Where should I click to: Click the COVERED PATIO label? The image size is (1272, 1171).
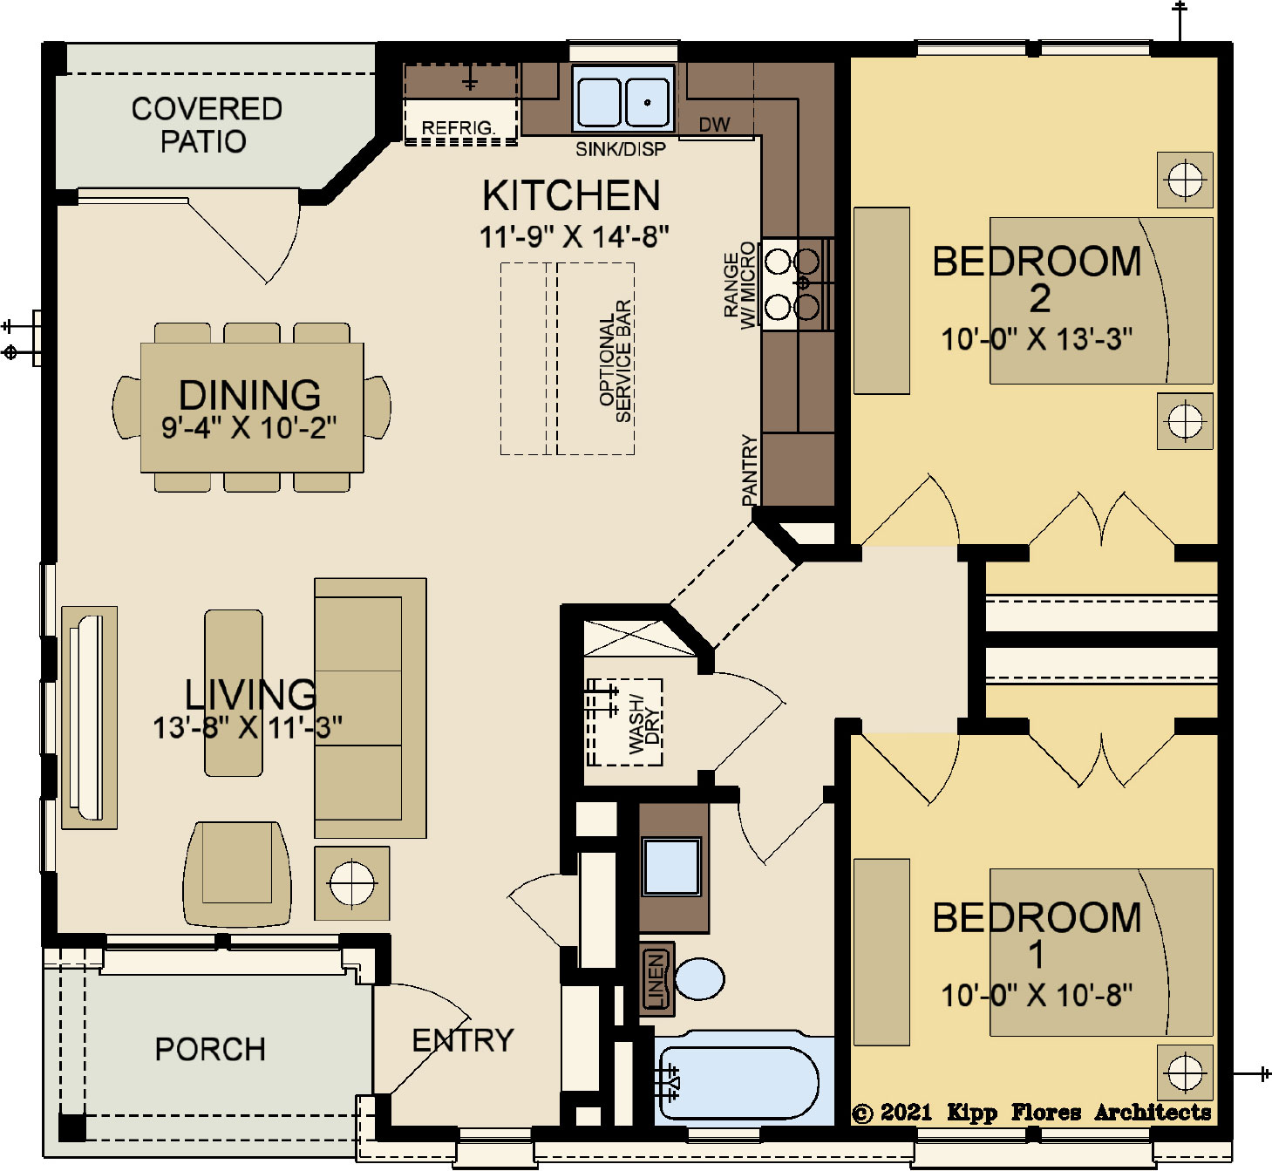(x=206, y=125)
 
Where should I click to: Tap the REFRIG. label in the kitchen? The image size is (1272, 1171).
(x=458, y=127)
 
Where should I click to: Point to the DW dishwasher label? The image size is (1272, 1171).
(x=715, y=125)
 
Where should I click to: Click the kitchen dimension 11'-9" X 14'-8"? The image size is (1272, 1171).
(x=574, y=236)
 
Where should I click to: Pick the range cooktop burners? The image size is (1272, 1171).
(x=792, y=284)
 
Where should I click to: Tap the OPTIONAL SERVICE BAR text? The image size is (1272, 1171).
(x=615, y=361)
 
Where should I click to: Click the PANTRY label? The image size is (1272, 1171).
(x=750, y=470)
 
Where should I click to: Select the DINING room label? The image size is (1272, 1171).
(x=250, y=395)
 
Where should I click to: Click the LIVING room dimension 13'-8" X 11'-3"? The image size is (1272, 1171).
(x=248, y=727)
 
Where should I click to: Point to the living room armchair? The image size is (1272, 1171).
(x=238, y=874)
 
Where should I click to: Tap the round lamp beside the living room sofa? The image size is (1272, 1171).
(x=352, y=883)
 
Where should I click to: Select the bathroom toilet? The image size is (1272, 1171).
(x=699, y=978)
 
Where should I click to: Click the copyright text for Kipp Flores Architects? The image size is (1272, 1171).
(x=1031, y=1112)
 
